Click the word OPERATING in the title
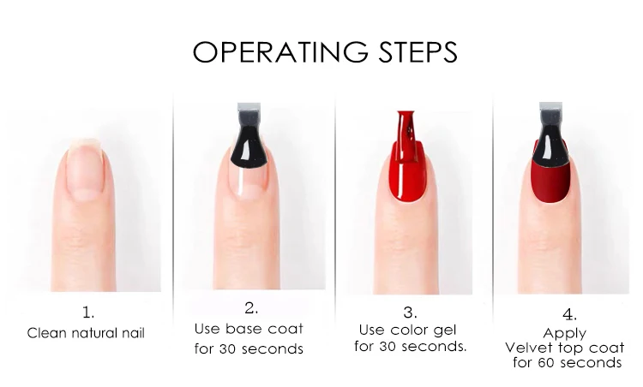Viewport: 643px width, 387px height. point(280,52)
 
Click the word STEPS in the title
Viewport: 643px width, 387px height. point(418,52)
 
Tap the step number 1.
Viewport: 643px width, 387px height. point(88,313)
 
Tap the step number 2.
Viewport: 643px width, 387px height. point(251,308)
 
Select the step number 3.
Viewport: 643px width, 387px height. point(410,313)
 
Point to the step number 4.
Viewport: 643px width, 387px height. point(569,315)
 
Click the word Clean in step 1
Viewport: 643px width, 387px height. point(47,333)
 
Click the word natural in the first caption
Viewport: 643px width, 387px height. point(95,333)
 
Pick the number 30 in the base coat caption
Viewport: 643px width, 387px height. point(227,349)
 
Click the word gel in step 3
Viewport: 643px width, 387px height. point(444,330)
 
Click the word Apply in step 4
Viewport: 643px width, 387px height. point(565,334)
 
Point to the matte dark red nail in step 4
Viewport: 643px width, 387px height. point(550,180)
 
